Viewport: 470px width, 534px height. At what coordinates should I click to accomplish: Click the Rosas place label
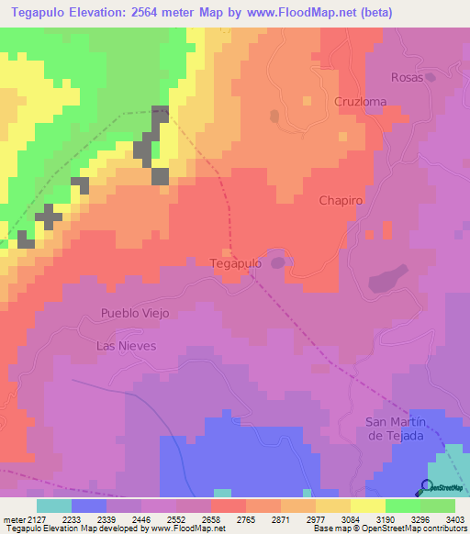point(407,77)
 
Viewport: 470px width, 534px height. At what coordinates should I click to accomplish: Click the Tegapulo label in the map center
point(237,262)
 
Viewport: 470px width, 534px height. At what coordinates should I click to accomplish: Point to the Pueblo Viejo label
point(136,313)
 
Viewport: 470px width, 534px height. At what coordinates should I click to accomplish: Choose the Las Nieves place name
point(127,346)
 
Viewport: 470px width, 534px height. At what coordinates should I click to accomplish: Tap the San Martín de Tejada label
point(395,428)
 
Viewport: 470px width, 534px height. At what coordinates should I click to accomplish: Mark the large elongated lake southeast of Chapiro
point(389,278)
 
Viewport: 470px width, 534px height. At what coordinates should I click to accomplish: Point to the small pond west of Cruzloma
point(274,117)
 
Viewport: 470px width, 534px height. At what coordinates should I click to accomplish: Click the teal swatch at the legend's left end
point(54,506)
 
